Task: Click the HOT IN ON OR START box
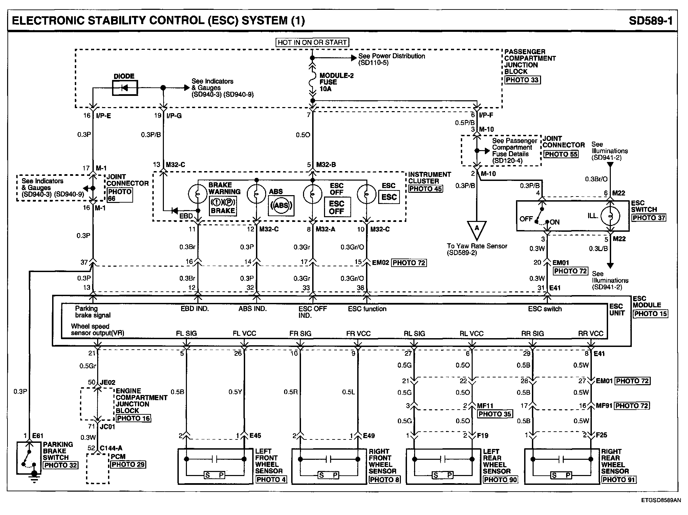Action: (x=312, y=42)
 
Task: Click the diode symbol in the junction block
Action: (x=125, y=88)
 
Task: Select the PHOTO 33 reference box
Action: (x=522, y=80)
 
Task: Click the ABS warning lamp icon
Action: (x=281, y=205)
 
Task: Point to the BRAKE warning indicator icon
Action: (x=222, y=206)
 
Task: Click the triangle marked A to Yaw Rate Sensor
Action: (x=477, y=229)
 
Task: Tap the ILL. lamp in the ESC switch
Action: (x=610, y=216)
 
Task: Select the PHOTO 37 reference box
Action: (x=649, y=218)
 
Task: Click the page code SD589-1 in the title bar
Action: (x=650, y=21)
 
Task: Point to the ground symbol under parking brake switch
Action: (x=34, y=475)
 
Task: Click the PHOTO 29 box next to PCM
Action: (x=128, y=465)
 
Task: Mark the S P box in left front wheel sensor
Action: (x=215, y=475)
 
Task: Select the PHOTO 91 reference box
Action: (x=619, y=479)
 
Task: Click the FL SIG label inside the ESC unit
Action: (x=186, y=333)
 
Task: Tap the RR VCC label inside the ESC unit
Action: (x=590, y=333)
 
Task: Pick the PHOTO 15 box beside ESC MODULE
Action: (x=650, y=314)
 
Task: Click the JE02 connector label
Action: (x=108, y=383)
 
